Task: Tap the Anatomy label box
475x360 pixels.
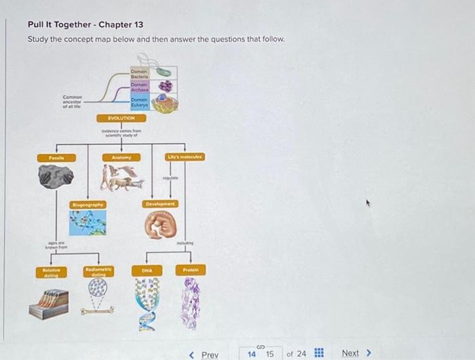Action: click(x=121, y=158)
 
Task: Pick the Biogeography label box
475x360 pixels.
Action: click(x=88, y=204)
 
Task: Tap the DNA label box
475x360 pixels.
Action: click(x=147, y=270)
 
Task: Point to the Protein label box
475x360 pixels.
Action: click(x=189, y=270)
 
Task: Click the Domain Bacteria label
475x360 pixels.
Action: click(x=140, y=73)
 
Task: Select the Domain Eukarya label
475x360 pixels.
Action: click(x=140, y=101)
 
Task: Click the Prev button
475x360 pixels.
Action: click(x=204, y=354)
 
